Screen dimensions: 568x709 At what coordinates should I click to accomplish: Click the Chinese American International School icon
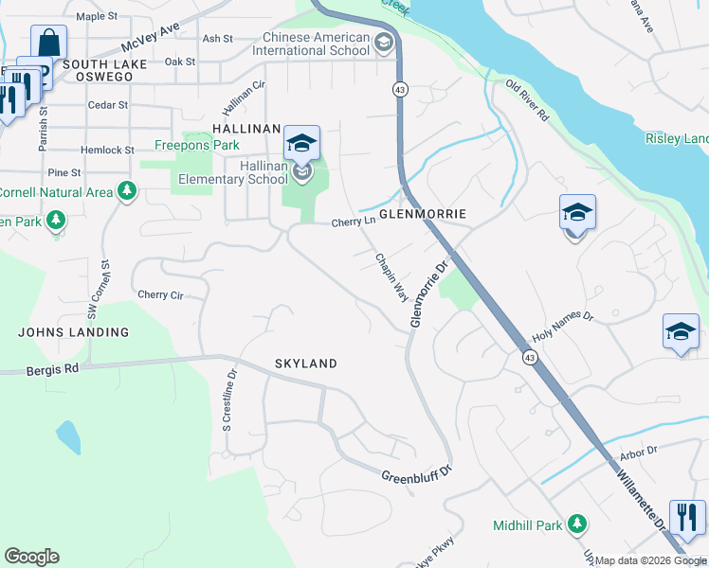(384, 43)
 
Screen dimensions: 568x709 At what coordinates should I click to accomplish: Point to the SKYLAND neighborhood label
(306, 364)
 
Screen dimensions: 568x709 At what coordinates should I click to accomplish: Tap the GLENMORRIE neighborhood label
(423, 215)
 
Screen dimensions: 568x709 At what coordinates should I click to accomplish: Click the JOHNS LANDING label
(73, 332)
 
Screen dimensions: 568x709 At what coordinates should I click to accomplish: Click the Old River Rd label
(528, 99)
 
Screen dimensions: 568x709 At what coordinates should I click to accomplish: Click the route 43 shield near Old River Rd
(401, 89)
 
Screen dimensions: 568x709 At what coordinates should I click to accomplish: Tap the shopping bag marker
(48, 42)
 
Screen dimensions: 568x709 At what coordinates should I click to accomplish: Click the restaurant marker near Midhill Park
(687, 517)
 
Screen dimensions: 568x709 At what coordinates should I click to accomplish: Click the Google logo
(31, 557)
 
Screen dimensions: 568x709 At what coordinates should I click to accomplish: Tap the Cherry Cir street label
(159, 294)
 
